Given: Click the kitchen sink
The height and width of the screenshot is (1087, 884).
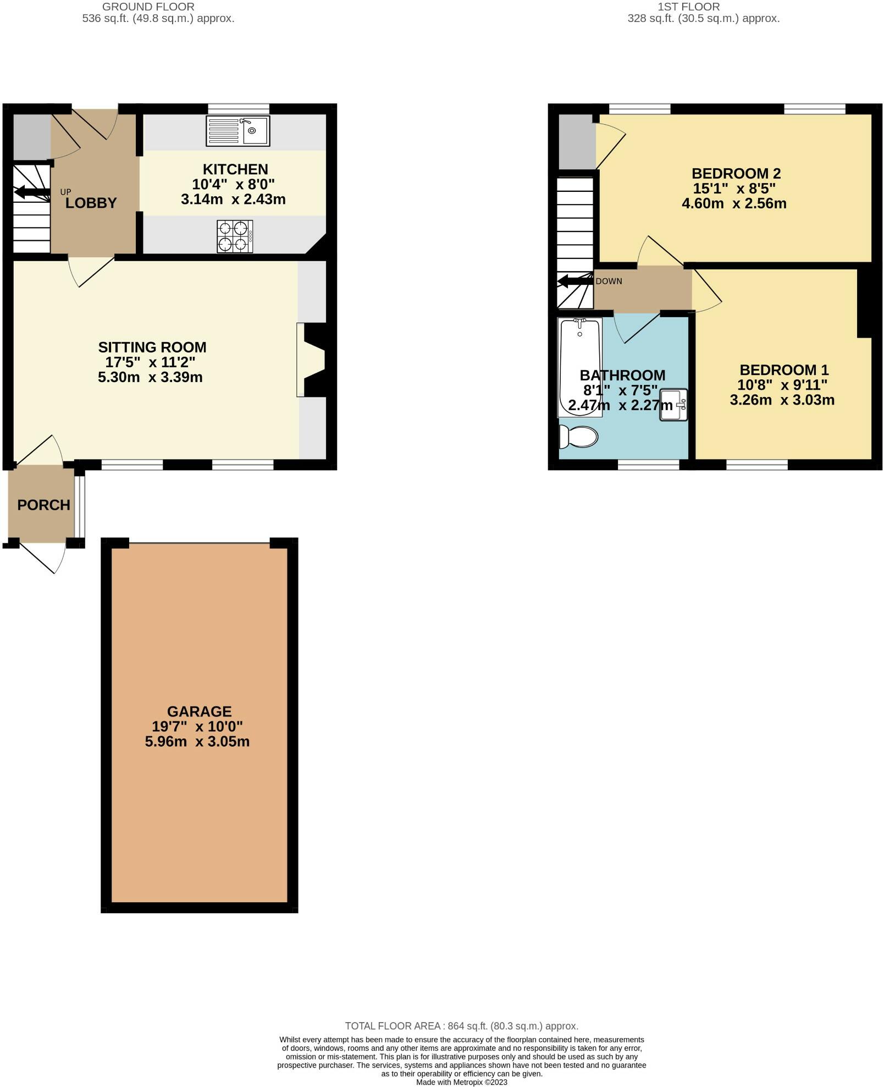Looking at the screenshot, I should [238, 131].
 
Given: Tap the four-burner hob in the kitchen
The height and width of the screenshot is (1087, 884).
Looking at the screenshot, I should [235, 236].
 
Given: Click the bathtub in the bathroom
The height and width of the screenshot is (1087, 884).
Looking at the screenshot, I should [580, 367].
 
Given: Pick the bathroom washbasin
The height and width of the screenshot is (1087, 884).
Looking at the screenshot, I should [673, 405].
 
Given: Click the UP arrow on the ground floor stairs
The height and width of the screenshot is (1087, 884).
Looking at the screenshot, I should [32, 192].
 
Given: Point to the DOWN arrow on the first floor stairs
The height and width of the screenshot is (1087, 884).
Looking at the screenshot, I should [574, 282].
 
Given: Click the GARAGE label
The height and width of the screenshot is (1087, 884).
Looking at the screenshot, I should [199, 711].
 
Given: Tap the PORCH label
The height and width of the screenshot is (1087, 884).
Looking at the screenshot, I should [43, 505].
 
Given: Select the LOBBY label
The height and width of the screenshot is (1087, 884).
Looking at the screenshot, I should [91, 203].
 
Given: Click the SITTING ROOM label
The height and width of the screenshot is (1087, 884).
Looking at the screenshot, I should [152, 347].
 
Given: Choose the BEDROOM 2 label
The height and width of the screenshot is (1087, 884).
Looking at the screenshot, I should [736, 174].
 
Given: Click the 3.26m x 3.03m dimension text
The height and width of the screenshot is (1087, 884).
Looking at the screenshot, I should [782, 400].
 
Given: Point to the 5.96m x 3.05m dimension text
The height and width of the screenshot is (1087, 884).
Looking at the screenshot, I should [197, 741].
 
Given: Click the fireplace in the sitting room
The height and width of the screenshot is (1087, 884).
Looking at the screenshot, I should [312, 360].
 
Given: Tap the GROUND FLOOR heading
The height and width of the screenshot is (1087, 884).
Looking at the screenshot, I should [148, 7].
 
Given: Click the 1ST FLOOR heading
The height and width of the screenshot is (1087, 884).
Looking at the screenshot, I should [688, 7].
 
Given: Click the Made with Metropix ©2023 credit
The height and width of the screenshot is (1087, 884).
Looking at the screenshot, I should [461, 1082].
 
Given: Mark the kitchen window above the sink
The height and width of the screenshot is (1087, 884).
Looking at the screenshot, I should [239, 109].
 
